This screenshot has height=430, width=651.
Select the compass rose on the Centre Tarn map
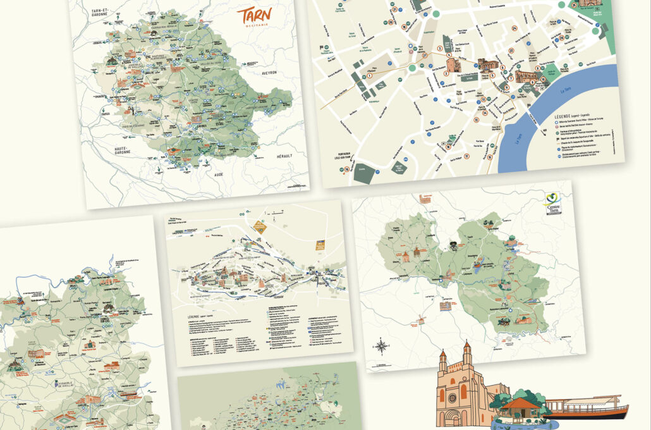pyautogui.click(x=381, y=346)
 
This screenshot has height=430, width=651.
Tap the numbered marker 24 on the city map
pyautogui.click(x=514, y=28)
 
